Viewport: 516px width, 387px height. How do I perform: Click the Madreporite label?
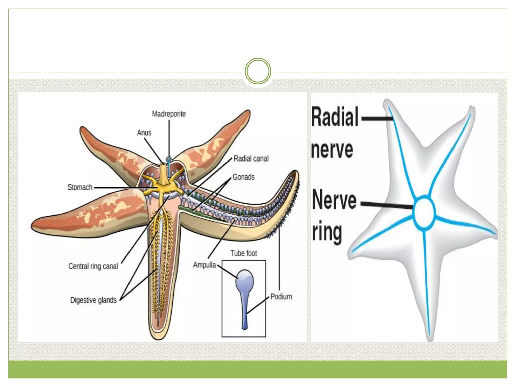click(x=169, y=114)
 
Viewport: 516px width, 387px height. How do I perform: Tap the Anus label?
click(x=144, y=133)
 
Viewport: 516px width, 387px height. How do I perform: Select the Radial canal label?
click(x=251, y=158)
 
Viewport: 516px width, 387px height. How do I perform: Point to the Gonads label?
click(x=243, y=177)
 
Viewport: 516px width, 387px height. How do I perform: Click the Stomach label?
click(x=80, y=187)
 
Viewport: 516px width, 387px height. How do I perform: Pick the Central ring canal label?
click(x=93, y=266)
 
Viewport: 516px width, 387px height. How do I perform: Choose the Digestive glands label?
click(x=93, y=300)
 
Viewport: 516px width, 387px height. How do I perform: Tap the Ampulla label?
click(x=204, y=265)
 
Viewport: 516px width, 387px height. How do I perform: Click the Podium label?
click(x=281, y=297)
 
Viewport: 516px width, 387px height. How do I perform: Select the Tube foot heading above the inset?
click(x=244, y=253)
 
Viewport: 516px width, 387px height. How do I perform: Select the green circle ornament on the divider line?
click(x=258, y=71)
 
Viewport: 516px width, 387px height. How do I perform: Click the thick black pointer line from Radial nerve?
click(x=376, y=118)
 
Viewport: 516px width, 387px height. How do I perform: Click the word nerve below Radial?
click(x=332, y=150)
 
